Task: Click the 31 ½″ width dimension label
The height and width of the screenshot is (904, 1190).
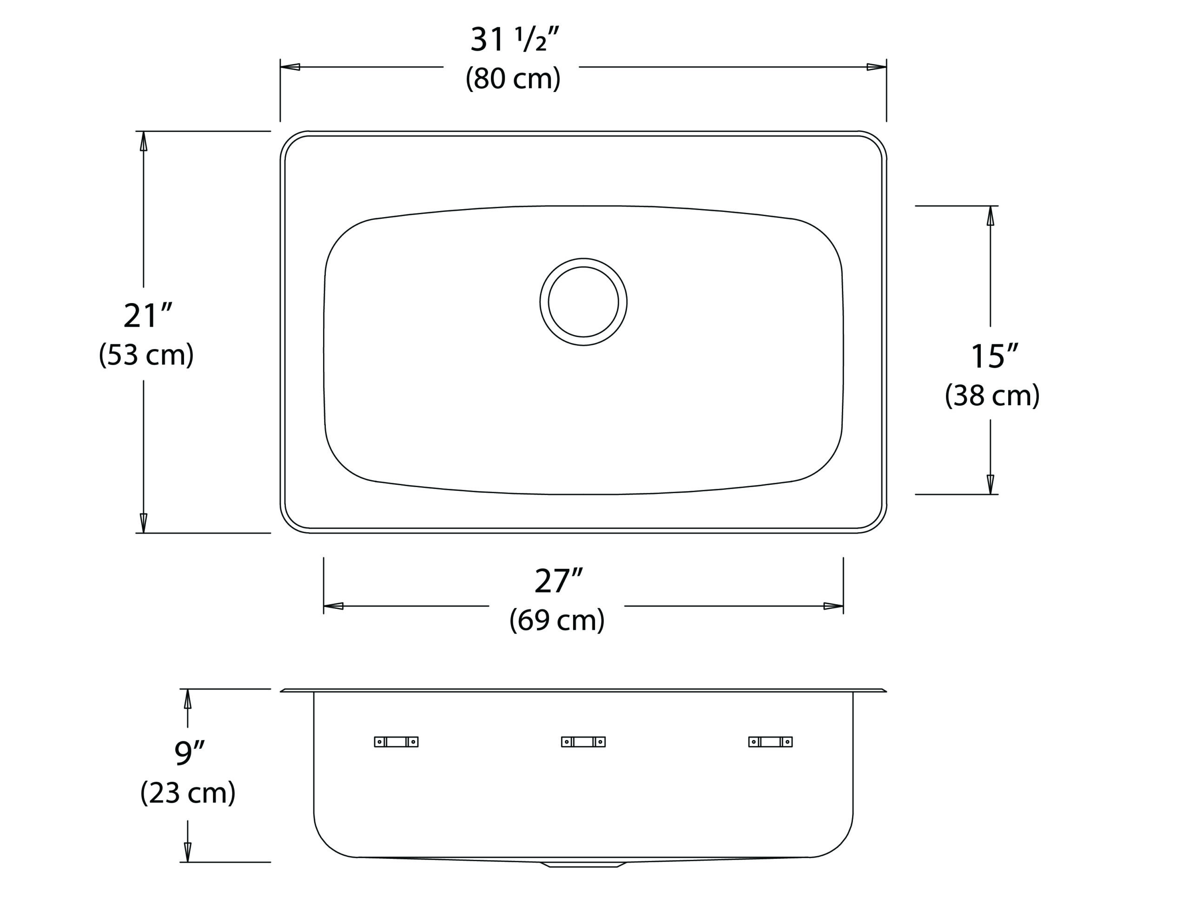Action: coord(515,40)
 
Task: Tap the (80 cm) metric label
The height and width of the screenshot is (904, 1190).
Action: coord(513,79)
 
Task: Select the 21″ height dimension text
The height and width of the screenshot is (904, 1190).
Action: coord(147,316)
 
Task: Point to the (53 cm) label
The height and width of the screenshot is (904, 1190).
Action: coord(146,355)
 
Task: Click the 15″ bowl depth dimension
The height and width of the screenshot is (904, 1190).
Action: coord(995,356)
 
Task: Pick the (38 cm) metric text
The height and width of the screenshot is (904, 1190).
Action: coord(992,396)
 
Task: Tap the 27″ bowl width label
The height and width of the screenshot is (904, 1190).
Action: coord(559,581)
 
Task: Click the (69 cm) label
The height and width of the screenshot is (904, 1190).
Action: coord(557,620)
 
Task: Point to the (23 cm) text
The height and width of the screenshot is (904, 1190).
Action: coord(188,792)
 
